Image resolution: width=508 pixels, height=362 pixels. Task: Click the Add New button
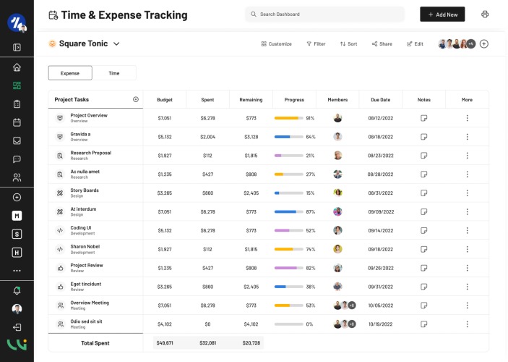[x=442, y=14]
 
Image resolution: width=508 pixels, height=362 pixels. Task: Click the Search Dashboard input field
[x=324, y=14]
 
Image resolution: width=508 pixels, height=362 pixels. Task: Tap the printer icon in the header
[x=485, y=14]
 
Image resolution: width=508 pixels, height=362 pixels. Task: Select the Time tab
[x=114, y=73]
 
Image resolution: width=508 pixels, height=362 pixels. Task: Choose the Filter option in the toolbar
[x=316, y=44]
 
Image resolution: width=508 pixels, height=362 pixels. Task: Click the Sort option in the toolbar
[x=348, y=44]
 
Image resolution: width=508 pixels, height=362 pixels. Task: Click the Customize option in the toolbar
[x=276, y=44]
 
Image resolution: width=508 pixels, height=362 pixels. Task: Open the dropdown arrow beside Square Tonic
[x=116, y=44]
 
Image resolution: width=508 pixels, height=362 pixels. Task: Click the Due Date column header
[x=380, y=100]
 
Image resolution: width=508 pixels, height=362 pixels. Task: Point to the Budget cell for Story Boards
[x=165, y=193]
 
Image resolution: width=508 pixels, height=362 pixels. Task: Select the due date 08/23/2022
[x=380, y=156]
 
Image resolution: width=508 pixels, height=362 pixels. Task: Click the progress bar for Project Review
[x=288, y=268]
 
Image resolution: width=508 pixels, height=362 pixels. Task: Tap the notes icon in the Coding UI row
[x=423, y=230]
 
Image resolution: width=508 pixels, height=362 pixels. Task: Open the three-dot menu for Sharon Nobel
[x=468, y=249]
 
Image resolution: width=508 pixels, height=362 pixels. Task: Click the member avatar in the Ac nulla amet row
[x=337, y=174]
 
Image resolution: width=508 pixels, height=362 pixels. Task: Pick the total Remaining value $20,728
[x=251, y=343]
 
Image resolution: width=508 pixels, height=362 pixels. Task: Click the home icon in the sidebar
[x=17, y=67]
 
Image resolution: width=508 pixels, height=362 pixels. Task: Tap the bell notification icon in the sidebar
[x=17, y=290]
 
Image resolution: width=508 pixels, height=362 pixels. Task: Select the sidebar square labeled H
[x=17, y=253]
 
